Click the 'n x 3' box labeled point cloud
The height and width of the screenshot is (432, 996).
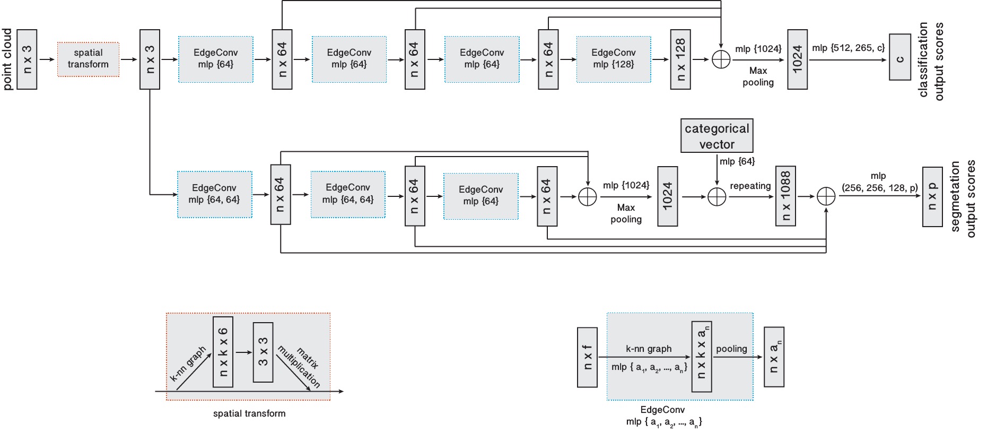[27, 59]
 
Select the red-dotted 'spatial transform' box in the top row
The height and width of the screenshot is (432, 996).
[88, 59]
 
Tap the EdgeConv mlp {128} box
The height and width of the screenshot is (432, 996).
[614, 59]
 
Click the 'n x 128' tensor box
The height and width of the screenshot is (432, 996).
[680, 59]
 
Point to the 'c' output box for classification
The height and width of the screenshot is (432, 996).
[899, 57]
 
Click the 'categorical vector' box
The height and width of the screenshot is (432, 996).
[717, 136]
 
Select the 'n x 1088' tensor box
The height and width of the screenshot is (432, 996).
[785, 196]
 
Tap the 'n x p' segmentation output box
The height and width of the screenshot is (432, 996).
[932, 197]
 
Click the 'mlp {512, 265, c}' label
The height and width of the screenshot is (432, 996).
[848, 48]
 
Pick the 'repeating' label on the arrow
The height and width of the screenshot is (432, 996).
[750, 186]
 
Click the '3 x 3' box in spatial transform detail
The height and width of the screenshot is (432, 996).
[263, 352]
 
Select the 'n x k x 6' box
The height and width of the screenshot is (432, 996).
[223, 352]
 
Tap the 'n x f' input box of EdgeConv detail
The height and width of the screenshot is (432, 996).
[587, 357]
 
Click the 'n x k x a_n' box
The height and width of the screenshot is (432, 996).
[701, 357]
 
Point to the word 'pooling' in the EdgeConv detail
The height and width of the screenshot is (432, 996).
[731, 349]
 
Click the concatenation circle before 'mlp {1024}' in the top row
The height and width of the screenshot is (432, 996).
[721, 59]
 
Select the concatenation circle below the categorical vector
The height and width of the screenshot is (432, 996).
[717, 196]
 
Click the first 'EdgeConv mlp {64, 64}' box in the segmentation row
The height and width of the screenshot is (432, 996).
[214, 194]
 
